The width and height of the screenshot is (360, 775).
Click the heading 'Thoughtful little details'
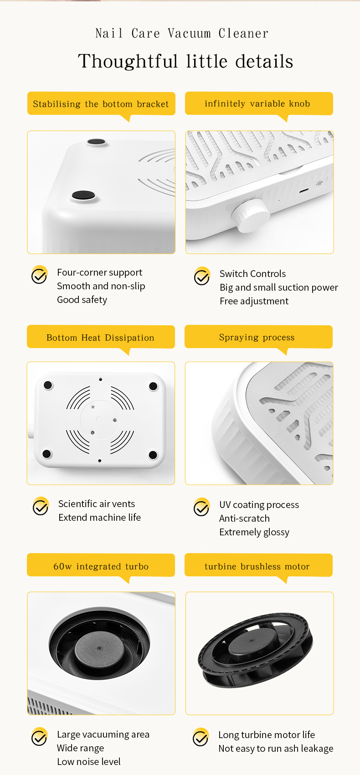(x=185, y=61)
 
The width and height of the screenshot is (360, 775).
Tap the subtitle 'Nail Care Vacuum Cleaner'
(x=182, y=33)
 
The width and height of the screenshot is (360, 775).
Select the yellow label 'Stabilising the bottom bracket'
(x=101, y=104)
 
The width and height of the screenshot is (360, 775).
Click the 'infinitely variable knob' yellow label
(x=259, y=103)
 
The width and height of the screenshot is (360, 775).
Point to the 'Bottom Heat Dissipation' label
(x=101, y=337)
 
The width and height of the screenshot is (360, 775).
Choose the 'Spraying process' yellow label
(x=258, y=337)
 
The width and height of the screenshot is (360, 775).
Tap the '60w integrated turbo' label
(x=101, y=566)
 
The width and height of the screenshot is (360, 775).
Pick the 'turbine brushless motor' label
(x=258, y=566)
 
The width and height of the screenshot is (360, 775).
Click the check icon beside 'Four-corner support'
(x=40, y=275)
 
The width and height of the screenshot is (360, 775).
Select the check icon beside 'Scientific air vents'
(x=41, y=506)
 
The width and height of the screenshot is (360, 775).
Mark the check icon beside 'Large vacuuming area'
(x=40, y=737)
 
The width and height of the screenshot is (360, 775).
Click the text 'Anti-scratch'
(x=244, y=518)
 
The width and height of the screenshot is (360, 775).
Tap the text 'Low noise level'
(x=88, y=761)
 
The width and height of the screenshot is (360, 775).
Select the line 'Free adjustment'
(x=254, y=301)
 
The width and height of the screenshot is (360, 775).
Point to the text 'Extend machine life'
(x=100, y=517)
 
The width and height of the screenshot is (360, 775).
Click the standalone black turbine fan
(x=256, y=649)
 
